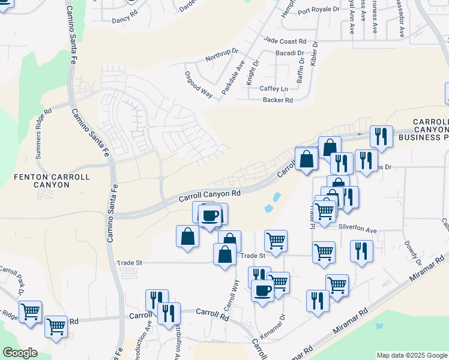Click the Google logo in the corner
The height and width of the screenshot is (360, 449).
click(x=19, y=353)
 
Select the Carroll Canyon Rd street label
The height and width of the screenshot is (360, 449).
click(x=209, y=195)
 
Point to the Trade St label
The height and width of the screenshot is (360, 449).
click(x=129, y=263)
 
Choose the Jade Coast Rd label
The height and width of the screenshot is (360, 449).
click(x=285, y=41)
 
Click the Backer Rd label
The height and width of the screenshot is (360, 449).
click(x=277, y=100)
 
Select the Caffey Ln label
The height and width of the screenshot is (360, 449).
click(x=274, y=89)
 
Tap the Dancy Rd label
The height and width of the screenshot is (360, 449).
click(x=125, y=20)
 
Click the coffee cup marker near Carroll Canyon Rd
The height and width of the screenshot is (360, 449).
click(x=209, y=215)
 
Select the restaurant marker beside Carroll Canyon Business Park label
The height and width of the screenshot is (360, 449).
click(x=381, y=137)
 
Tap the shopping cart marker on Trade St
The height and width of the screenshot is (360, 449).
click(x=276, y=240)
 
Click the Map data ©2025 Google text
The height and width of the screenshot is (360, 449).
click(x=411, y=355)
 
